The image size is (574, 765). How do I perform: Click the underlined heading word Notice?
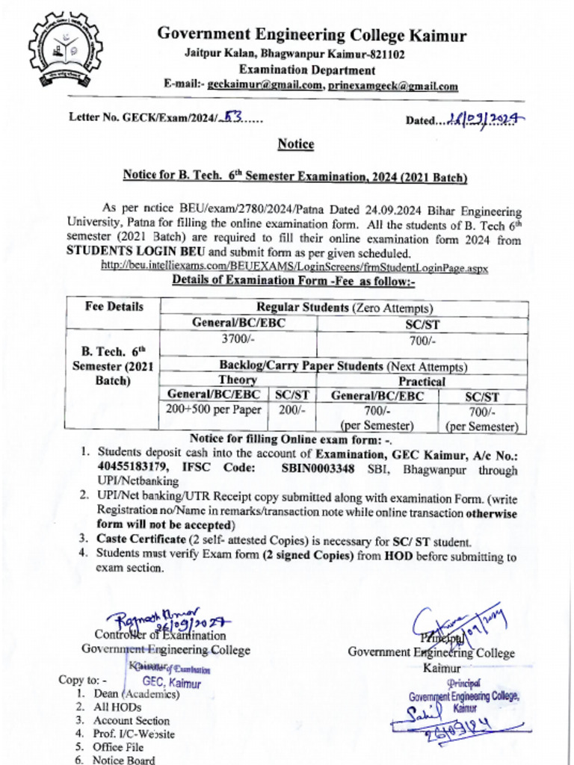pyautogui.click(x=296, y=143)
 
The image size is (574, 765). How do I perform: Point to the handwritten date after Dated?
pyautogui.click(x=486, y=117)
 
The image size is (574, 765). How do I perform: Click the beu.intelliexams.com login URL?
pyautogui.click(x=294, y=267)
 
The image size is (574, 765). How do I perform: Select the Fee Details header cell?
pyautogui.click(x=114, y=307)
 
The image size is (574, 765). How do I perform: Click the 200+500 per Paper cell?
pyautogui.click(x=214, y=409)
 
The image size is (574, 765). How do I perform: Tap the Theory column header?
pyautogui.click(x=238, y=380)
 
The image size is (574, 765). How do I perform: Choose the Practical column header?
pyautogui.click(x=422, y=381)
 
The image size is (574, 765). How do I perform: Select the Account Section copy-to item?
pyautogui.click(x=132, y=721)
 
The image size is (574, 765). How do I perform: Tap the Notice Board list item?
pyautogui.click(x=124, y=760)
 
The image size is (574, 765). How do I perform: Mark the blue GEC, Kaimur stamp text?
pyautogui.click(x=172, y=683)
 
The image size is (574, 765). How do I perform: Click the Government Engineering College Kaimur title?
pyautogui.click(x=311, y=36)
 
